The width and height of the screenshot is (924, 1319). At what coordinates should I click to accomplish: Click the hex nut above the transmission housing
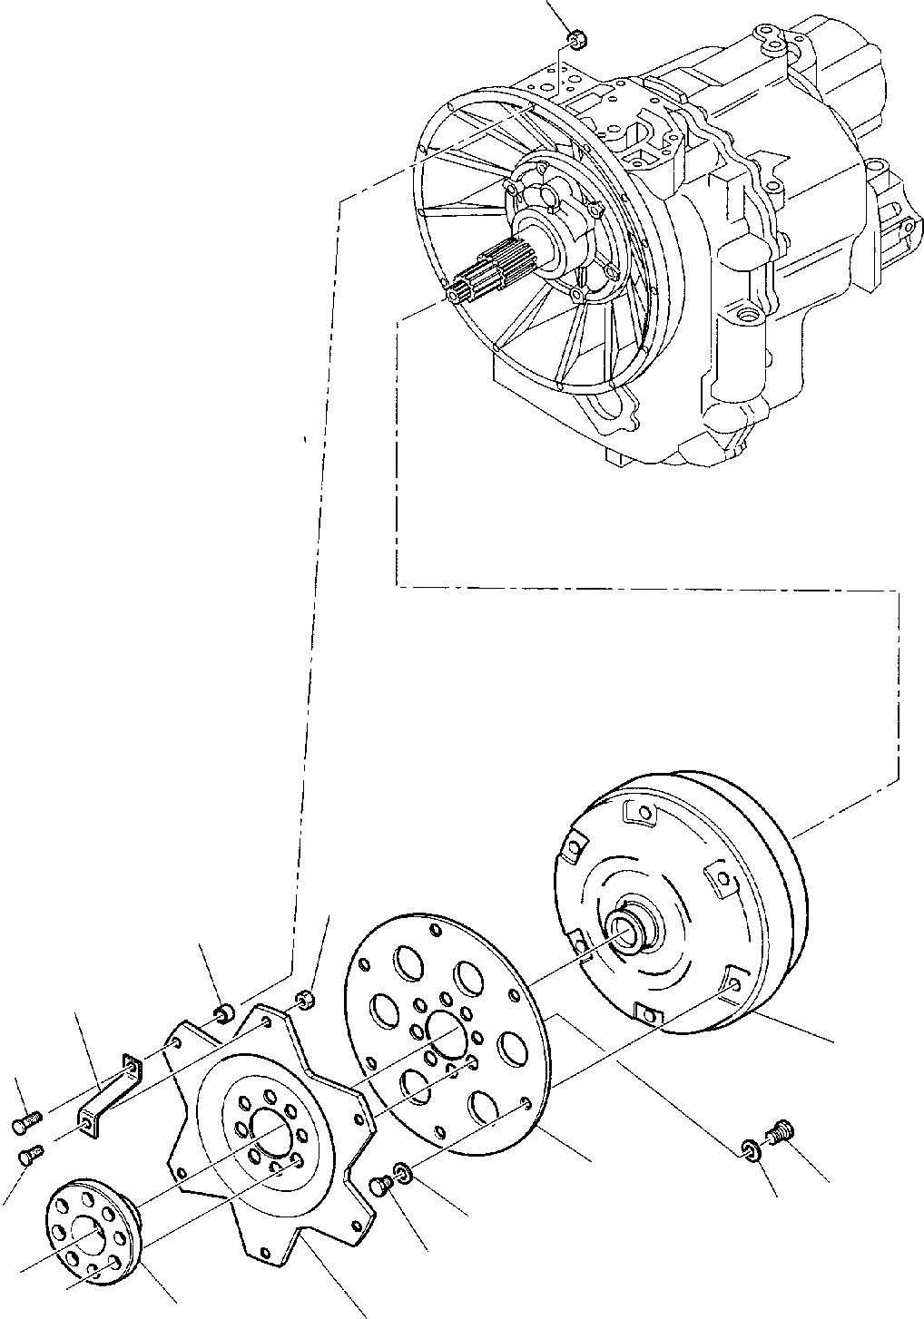click(574, 38)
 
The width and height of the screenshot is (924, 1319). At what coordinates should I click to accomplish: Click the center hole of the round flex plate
click(445, 1035)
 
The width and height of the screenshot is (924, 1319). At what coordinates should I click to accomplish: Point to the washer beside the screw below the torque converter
click(750, 1150)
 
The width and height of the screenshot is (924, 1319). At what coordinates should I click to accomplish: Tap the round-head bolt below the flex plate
click(381, 1184)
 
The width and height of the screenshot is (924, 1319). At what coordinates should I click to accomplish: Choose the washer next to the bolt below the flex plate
click(404, 1176)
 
